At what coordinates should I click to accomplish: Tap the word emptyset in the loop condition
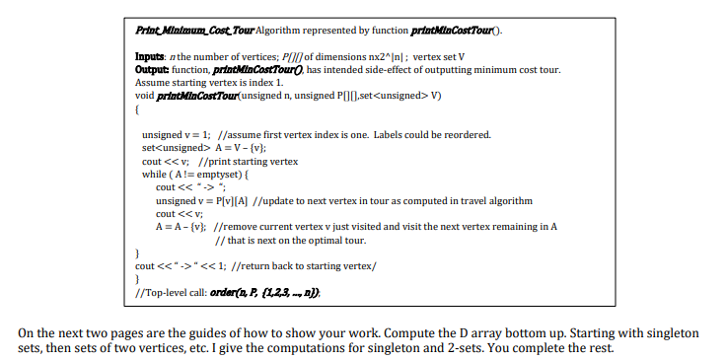click(x=222, y=174)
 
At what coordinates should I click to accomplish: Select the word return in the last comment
click(x=248, y=266)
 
